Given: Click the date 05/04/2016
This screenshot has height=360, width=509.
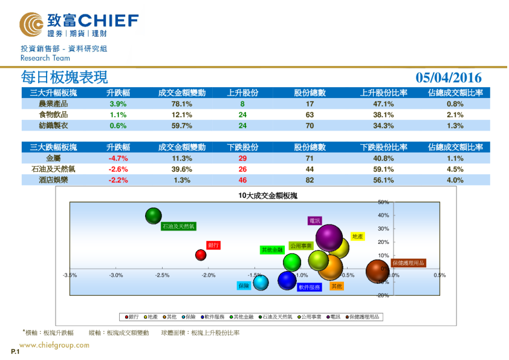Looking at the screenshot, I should click(x=449, y=77).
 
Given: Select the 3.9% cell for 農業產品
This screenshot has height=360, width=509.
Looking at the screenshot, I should click(x=118, y=104).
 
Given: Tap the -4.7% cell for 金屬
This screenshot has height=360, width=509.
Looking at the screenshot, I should click(x=118, y=158).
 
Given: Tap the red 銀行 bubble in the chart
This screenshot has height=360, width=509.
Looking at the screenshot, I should click(x=201, y=255).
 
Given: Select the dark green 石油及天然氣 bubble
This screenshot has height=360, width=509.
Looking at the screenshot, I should click(x=154, y=215).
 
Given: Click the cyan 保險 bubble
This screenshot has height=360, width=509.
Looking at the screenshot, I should click(x=261, y=282).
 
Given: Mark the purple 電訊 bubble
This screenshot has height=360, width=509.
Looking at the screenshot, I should click(x=329, y=237).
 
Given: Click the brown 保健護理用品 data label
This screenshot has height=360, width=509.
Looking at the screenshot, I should click(x=408, y=263).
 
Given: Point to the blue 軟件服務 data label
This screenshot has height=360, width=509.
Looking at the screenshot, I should click(x=309, y=287).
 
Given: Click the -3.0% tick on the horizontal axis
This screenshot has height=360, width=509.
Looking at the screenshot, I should click(x=116, y=275).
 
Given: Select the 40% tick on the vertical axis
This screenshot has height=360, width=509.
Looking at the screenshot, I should click(x=383, y=215).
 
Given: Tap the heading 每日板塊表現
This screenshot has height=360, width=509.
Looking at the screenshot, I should click(x=64, y=77).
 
